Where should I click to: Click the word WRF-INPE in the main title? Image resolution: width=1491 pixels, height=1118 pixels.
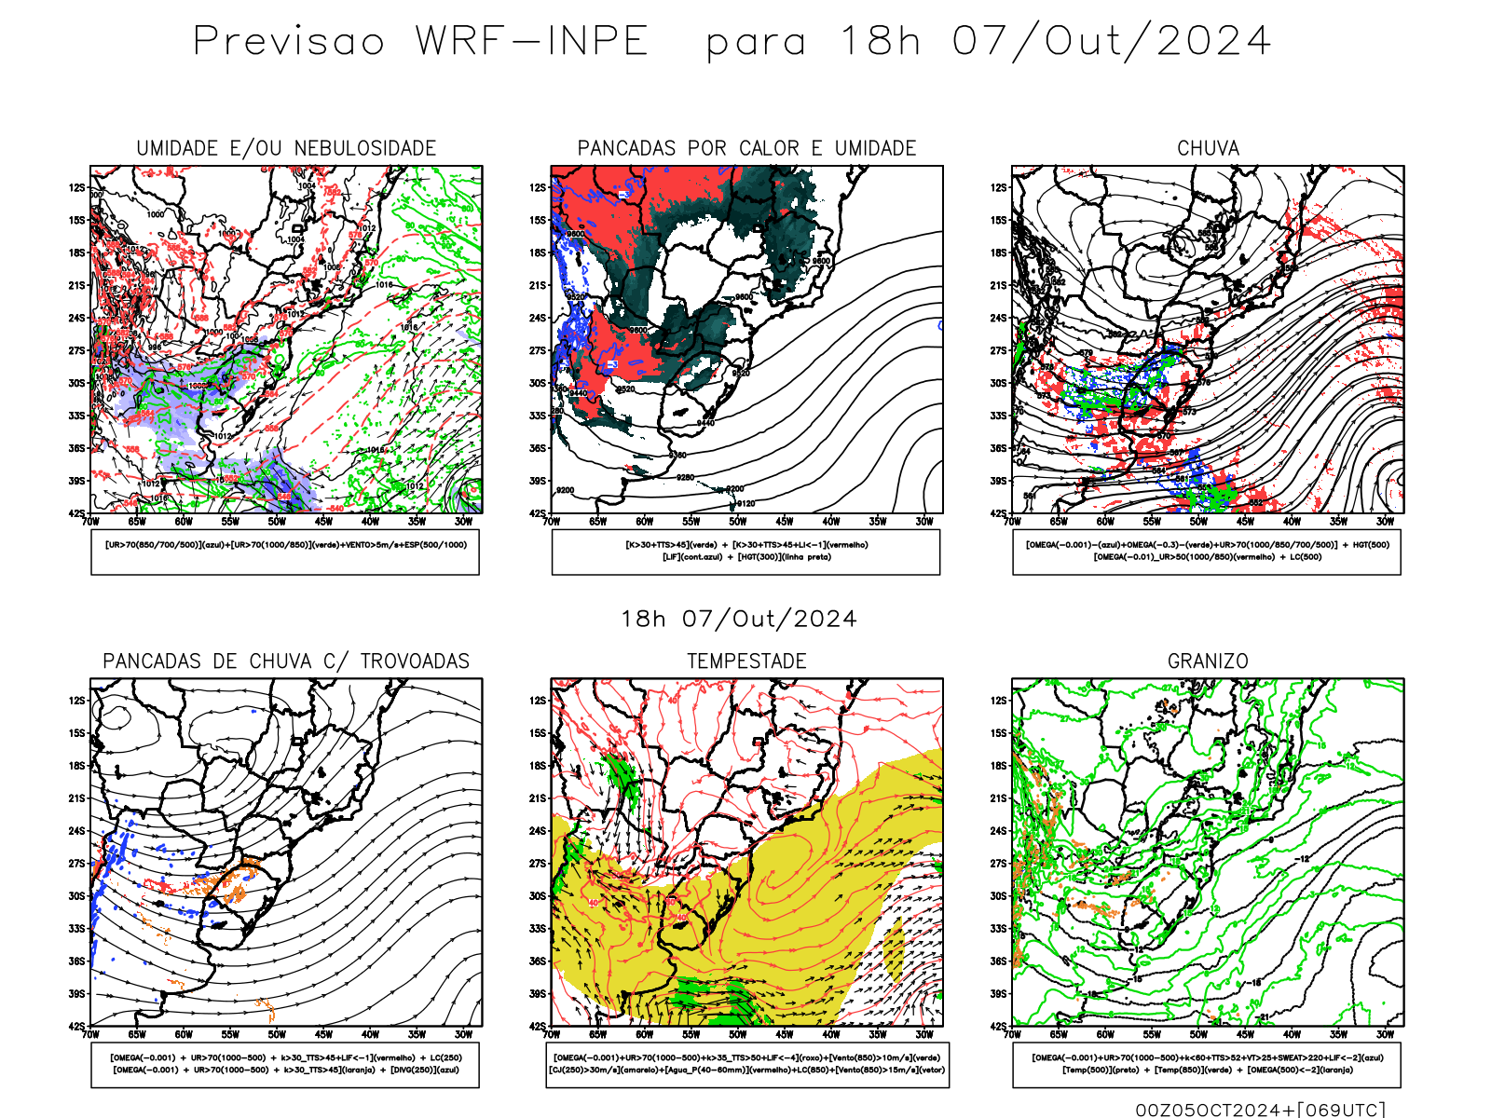(532, 42)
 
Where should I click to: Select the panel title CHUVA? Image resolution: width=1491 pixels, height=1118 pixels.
(1208, 148)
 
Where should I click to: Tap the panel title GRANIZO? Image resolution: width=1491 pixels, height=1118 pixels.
(1208, 661)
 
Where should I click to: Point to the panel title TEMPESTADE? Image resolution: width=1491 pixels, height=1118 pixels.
(746, 661)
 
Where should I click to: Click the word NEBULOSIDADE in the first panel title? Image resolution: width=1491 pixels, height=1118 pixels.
(365, 148)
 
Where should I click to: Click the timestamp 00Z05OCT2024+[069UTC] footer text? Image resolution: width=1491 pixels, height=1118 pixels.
(1260, 1110)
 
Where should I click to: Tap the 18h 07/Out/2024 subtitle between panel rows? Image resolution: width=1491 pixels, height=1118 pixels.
(739, 620)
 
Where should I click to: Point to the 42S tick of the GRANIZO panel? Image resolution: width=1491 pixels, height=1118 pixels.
(999, 1027)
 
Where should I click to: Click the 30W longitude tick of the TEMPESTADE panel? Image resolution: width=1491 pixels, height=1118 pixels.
(923, 1034)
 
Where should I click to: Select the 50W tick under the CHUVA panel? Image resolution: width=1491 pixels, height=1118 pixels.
(1198, 522)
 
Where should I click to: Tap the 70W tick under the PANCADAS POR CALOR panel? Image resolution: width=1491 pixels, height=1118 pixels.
(552, 522)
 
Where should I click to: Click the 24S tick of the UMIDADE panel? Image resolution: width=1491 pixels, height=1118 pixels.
(76, 319)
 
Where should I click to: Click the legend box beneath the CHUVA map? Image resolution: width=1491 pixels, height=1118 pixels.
(1207, 552)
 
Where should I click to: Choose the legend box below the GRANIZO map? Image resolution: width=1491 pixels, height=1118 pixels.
(1207, 1064)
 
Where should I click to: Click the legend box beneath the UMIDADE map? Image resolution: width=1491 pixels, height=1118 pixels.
(285, 552)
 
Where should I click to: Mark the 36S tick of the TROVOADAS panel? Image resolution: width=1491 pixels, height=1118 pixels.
(76, 961)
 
